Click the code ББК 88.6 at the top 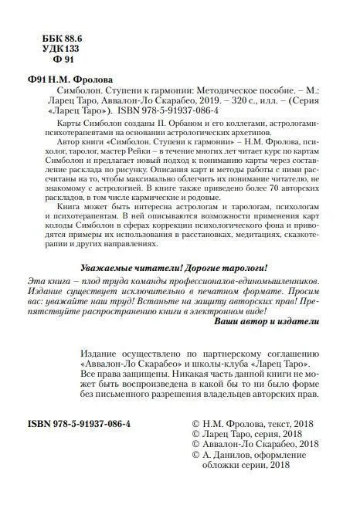[47, 38]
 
